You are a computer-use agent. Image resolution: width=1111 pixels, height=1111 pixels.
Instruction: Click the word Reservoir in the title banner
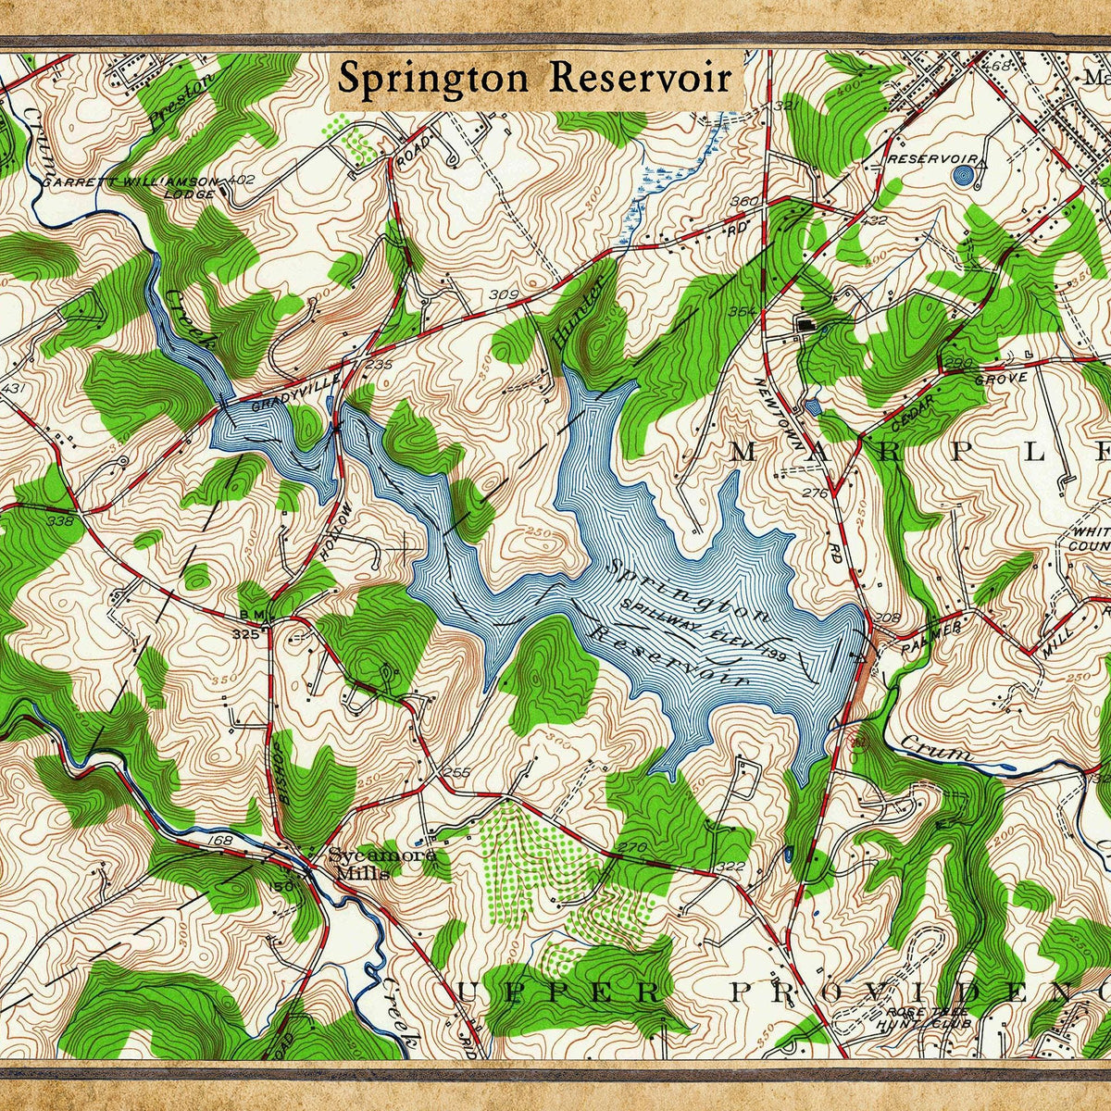(x=639, y=79)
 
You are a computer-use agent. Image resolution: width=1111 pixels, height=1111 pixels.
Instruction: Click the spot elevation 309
(x=503, y=295)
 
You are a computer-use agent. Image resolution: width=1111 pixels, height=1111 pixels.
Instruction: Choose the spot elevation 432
(x=873, y=220)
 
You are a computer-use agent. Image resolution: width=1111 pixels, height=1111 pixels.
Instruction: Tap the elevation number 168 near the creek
(x=221, y=841)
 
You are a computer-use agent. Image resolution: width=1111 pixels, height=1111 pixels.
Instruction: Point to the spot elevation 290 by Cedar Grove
(x=959, y=362)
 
